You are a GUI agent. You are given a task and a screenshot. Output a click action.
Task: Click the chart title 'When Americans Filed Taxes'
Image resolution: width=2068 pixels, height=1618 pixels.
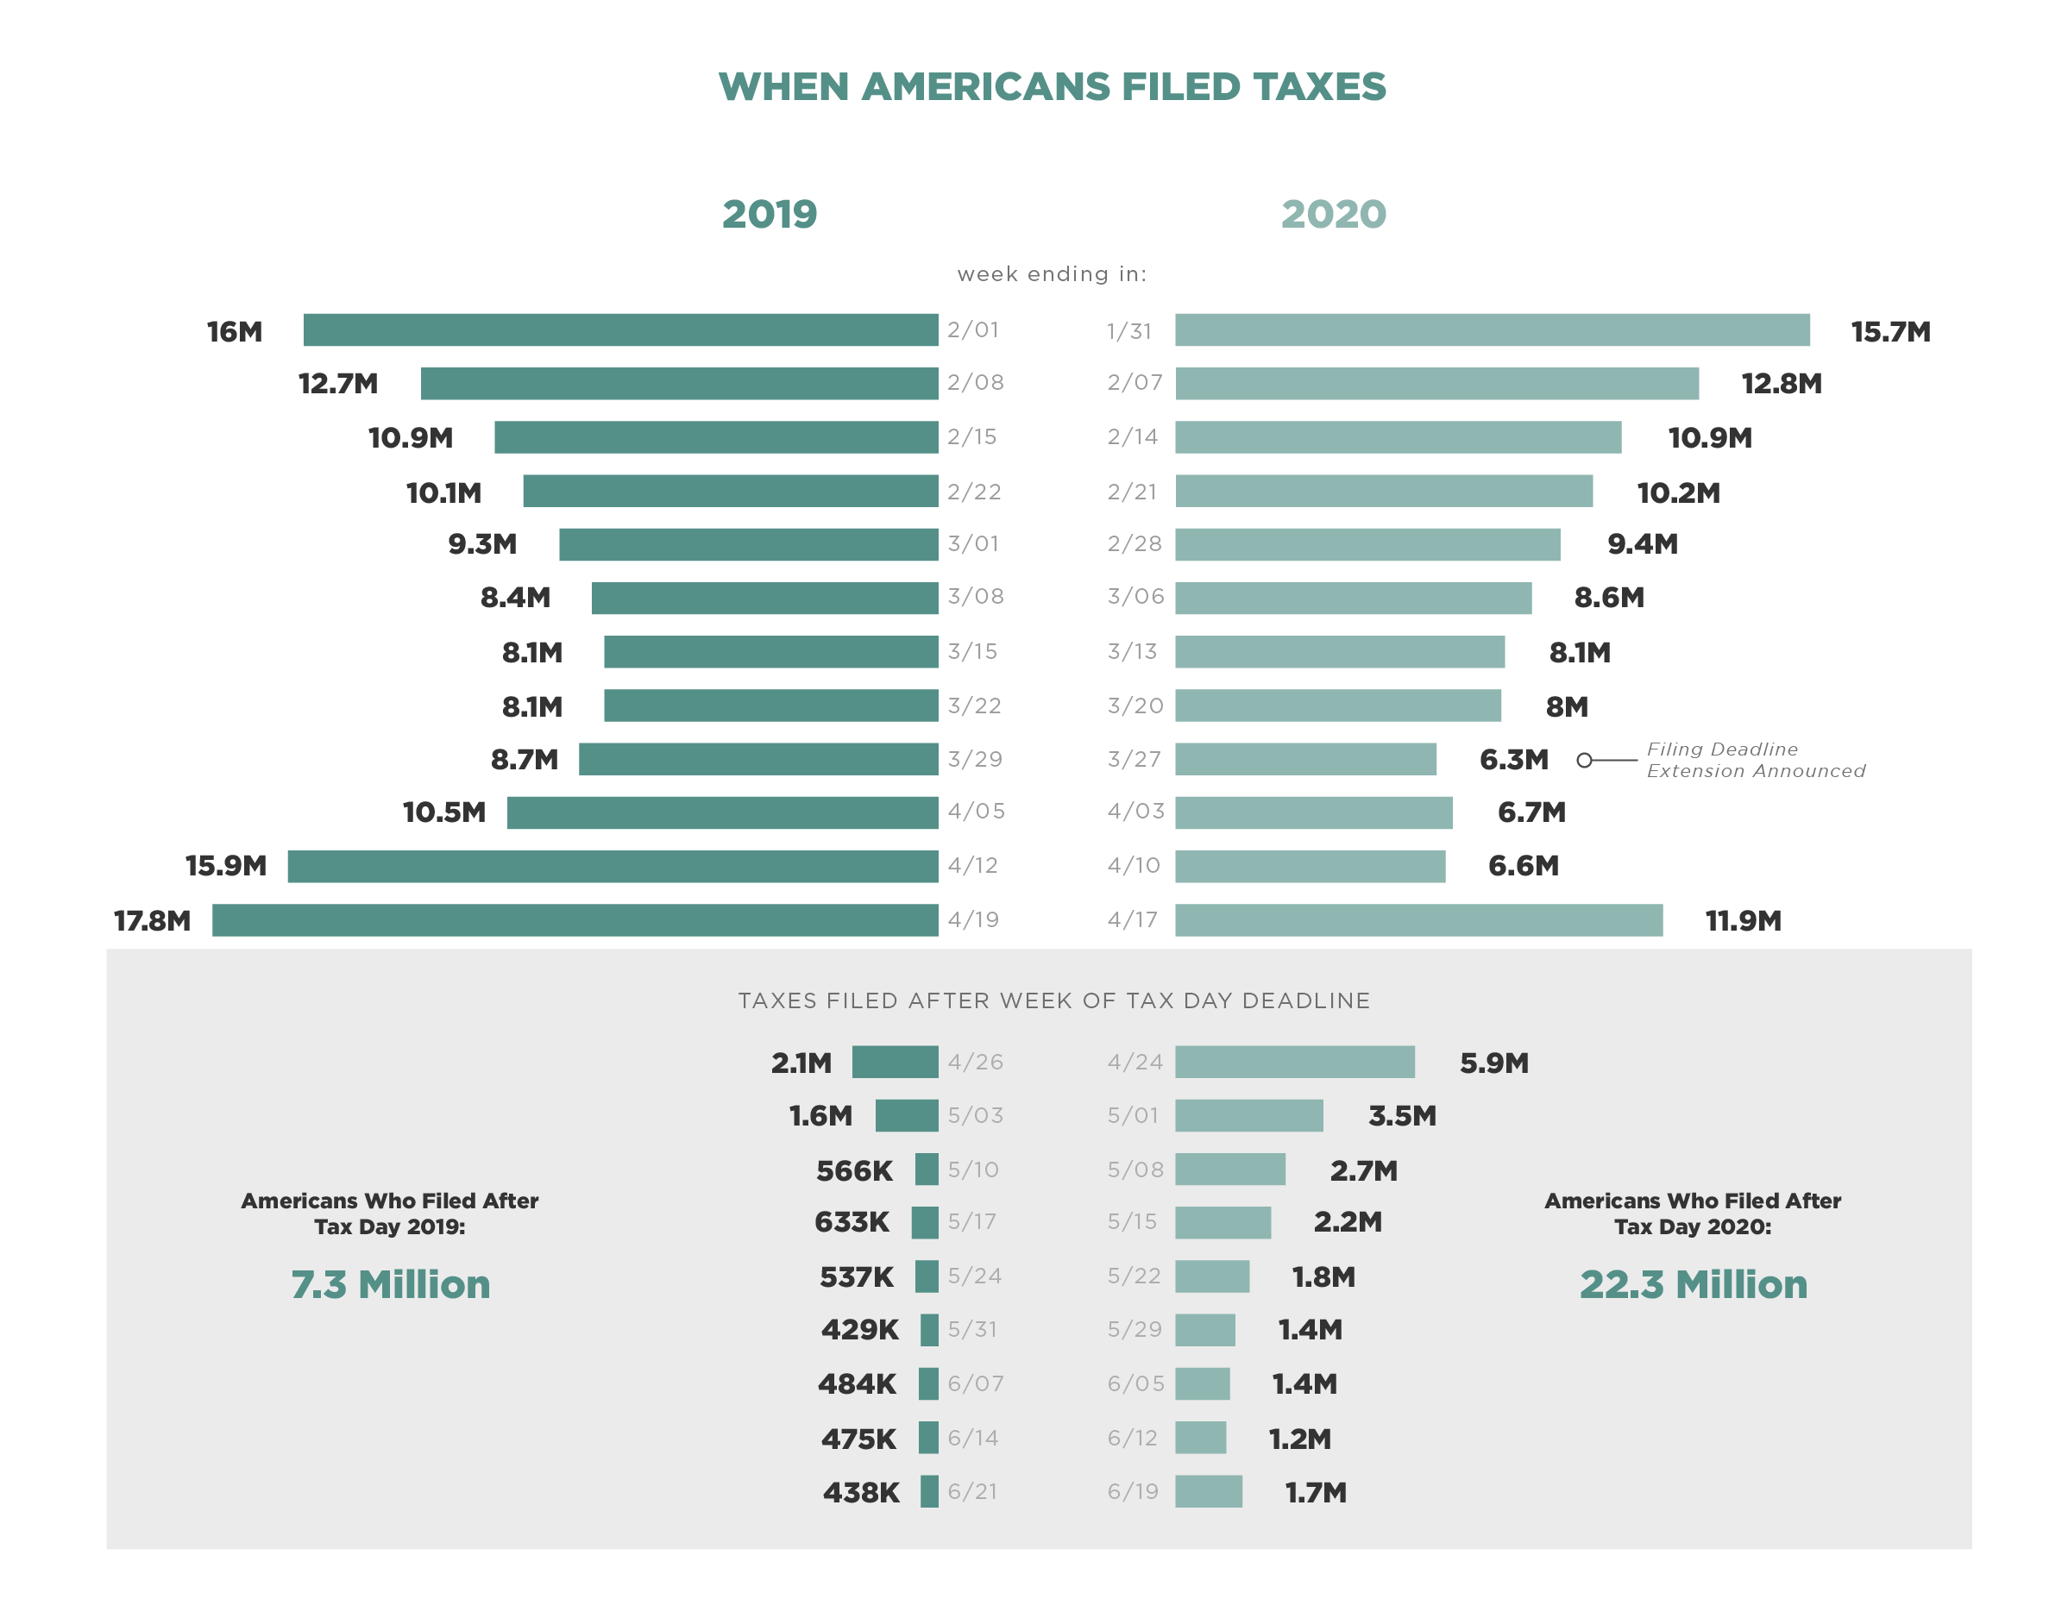pyautogui.click(x=1051, y=87)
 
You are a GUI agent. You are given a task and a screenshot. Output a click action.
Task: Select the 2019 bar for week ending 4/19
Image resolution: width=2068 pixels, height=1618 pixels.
pyautogui.click(x=575, y=920)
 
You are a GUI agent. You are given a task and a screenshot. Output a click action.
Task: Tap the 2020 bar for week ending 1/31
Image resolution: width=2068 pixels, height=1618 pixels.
pyautogui.click(x=1491, y=329)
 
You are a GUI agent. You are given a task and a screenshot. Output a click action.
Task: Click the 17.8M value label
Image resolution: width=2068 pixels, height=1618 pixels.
pyautogui.click(x=152, y=921)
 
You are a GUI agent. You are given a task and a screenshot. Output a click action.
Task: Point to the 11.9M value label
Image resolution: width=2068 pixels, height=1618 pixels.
pyautogui.click(x=1742, y=921)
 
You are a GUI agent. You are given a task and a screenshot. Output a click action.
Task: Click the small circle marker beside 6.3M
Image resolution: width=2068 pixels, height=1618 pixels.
pyautogui.click(x=1584, y=760)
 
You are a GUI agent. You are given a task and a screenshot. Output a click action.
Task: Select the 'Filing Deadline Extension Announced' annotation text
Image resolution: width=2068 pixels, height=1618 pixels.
pyautogui.click(x=1754, y=760)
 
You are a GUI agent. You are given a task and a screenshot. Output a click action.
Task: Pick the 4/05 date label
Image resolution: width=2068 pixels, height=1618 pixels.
pyautogui.click(x=976, y=812)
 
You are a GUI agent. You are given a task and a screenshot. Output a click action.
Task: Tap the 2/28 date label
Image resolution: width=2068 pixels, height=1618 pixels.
pyautogui.click(x=1134, y=543)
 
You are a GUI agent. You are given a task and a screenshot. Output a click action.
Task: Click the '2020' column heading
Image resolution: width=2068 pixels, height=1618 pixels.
pyautogui.click(x=1333, y=214)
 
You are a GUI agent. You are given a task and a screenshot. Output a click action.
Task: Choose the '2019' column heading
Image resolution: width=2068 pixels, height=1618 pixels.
pyautogui.click(x=769, y=214)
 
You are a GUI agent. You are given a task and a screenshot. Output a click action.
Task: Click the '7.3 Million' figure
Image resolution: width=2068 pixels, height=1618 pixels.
pyautogui.click(x=391, y=1284)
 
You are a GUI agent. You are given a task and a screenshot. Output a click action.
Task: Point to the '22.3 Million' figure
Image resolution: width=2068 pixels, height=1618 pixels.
pyautogui.click(x=1693, y=1284)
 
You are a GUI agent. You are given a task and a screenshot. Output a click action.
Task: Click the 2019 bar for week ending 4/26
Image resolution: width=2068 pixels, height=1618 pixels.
pyautogui.click(x=894, y=1062)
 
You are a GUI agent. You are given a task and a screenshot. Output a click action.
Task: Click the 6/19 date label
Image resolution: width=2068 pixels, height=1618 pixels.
pyautogui.click(x=1133, y=1491)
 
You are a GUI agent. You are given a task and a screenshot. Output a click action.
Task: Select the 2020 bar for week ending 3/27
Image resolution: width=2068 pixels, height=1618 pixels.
pyautogui.click(x=1304, y=759)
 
